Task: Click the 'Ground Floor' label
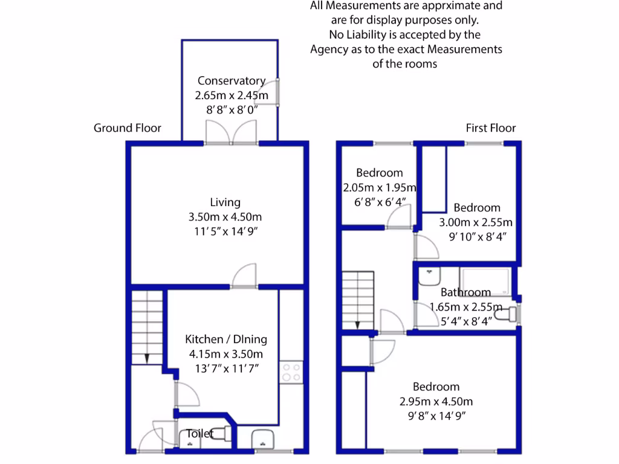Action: (x=127, y=128)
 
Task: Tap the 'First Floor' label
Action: (x=490, y=128)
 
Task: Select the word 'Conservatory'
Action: (x=231, y=81)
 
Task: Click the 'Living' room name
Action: (x=225, y=202)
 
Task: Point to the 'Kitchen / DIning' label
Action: (x=225, y=340)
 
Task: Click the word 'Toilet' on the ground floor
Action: (x=199, y=433)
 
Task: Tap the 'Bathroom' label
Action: (x=465, y=293)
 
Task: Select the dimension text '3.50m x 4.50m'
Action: (x=225, y=217)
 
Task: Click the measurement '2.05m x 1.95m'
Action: (x=380, y=187)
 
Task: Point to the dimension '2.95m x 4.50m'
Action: (x=436, y=401)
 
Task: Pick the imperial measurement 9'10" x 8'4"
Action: (x=477, y=236)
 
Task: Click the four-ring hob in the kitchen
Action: (x=291, y=371)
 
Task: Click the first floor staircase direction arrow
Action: (x=357, y=324)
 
